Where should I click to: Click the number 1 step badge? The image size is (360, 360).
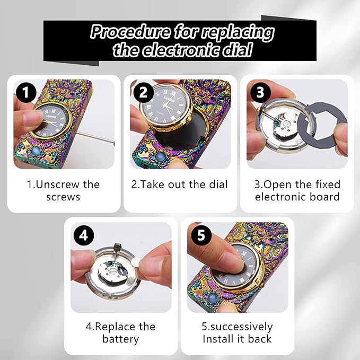tap(26, 92)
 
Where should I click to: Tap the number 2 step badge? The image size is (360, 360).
tap(143, 92)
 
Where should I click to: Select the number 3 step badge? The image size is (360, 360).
tap(260, 92)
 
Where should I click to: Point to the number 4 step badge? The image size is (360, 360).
tap(84, 235)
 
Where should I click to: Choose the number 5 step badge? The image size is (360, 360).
tap(201, 235)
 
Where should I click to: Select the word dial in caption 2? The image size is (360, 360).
tap(218, 185)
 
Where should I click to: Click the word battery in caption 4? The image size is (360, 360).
tap(121, 339)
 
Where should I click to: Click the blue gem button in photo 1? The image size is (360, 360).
tap(37, 151)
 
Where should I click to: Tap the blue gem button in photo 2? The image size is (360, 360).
tap(160, 157)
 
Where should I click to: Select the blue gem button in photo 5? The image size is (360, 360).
tap(212, 298)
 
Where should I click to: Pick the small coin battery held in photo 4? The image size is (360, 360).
tap(136, 261)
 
